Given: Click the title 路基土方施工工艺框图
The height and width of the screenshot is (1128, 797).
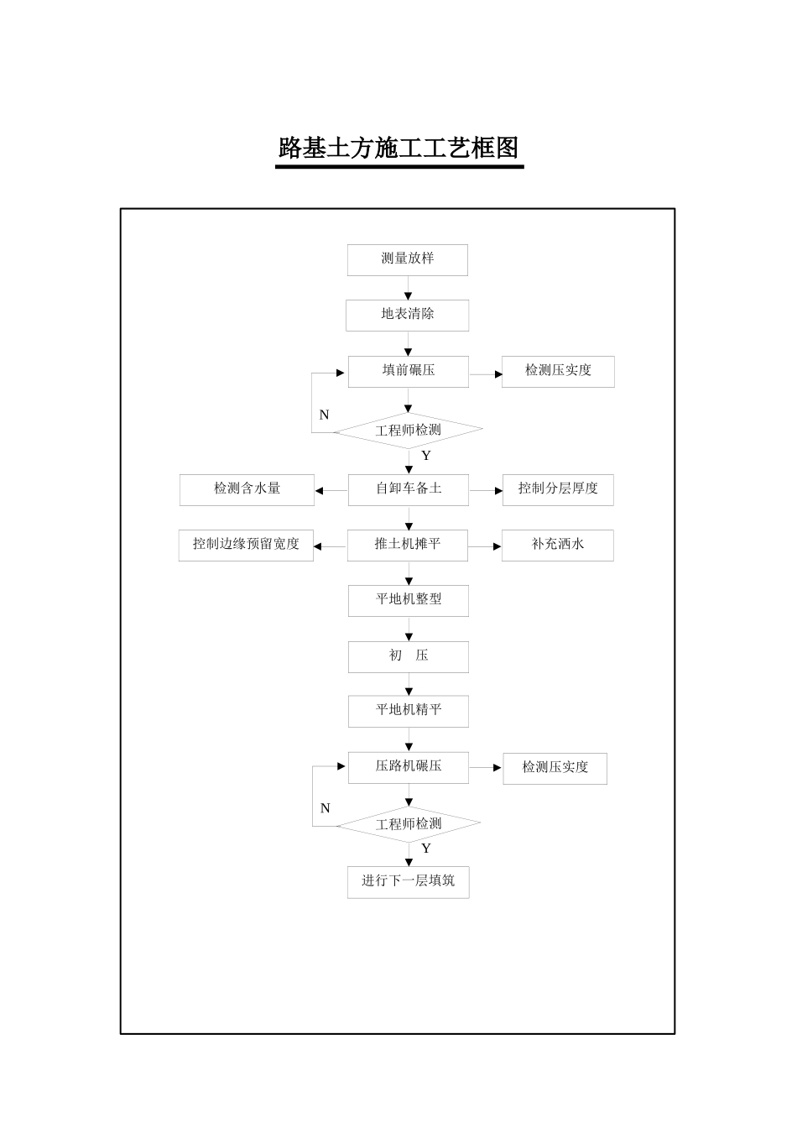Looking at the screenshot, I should click(399, 149).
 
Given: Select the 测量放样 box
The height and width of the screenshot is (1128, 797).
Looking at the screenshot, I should click(408, 259).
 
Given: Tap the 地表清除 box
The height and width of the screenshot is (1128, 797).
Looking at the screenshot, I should click(408, 315).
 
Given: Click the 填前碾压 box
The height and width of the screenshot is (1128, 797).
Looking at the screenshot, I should click(409, 371).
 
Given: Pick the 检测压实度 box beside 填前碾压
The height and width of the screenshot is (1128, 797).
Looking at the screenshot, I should click(558, 371).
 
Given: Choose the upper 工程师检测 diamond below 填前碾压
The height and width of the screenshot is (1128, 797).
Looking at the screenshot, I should click(409, 431).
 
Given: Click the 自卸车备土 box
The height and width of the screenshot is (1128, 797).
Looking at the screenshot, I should click(409, 489).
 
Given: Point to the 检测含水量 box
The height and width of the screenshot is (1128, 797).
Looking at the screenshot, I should click(247, 489).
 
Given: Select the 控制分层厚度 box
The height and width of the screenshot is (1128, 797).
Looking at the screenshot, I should click(558, 489).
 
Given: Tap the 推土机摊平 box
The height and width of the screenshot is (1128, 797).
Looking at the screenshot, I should click(409, 545).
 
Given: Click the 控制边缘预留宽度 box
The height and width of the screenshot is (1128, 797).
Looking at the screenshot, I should click(246, 545).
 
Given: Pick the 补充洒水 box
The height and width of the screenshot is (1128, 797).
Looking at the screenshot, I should click(558, 545).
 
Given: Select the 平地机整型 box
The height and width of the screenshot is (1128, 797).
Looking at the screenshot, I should click(409, 600).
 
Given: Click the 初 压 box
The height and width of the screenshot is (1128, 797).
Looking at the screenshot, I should click(409, 656).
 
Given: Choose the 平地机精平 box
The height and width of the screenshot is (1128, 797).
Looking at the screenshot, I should click(409, 711).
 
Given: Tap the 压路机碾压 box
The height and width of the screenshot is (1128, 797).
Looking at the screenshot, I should click(409, 767).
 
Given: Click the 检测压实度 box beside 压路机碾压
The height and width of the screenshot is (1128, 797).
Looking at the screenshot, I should click(555, 768).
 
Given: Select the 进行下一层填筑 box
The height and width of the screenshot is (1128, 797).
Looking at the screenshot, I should click(409, 882).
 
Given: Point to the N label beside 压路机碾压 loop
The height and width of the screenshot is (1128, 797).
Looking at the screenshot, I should click(326, 808).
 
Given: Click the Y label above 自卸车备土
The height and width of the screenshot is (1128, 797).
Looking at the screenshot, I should click(426, 456).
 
